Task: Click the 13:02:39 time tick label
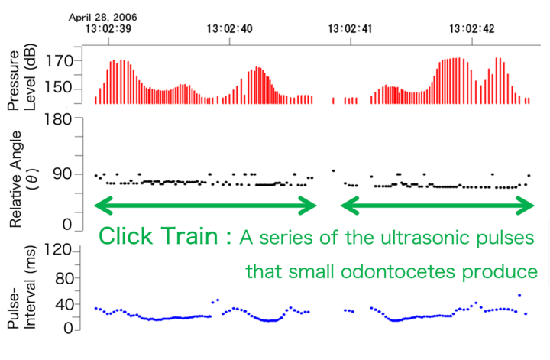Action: [108, 29]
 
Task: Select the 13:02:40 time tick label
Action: [230, 29]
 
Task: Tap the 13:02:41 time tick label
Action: [351, 29]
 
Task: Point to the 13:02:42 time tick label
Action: [472, 29]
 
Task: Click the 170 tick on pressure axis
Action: [60, 60]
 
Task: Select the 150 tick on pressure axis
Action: [60, 89]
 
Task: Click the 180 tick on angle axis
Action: [60, 119]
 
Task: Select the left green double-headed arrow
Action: [204, 204]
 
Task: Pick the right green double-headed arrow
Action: [437, 204]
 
